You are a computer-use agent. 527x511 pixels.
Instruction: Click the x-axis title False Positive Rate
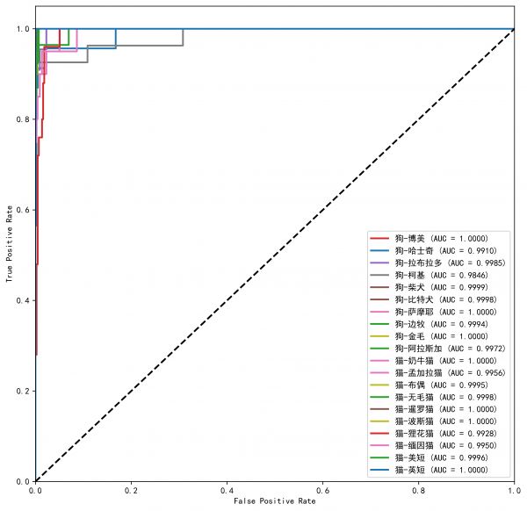pyautogui.click(x=274, y=501)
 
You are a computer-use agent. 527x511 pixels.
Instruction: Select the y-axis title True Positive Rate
pyautogui.click(x=9, y=255)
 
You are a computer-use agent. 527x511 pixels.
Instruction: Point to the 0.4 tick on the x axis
pyautogui.click(x=227, y=490)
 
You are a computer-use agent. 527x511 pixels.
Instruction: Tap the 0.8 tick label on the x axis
pyautogui.click(x=418, y=490)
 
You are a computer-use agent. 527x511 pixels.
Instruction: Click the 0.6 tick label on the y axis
pyautogui.click(x=22, y=210)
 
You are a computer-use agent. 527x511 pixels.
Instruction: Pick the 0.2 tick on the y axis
pyautogui.click(x=22, y=391)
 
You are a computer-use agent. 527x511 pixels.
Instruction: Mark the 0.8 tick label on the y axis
pyautogui.click(x=22, y=119)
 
